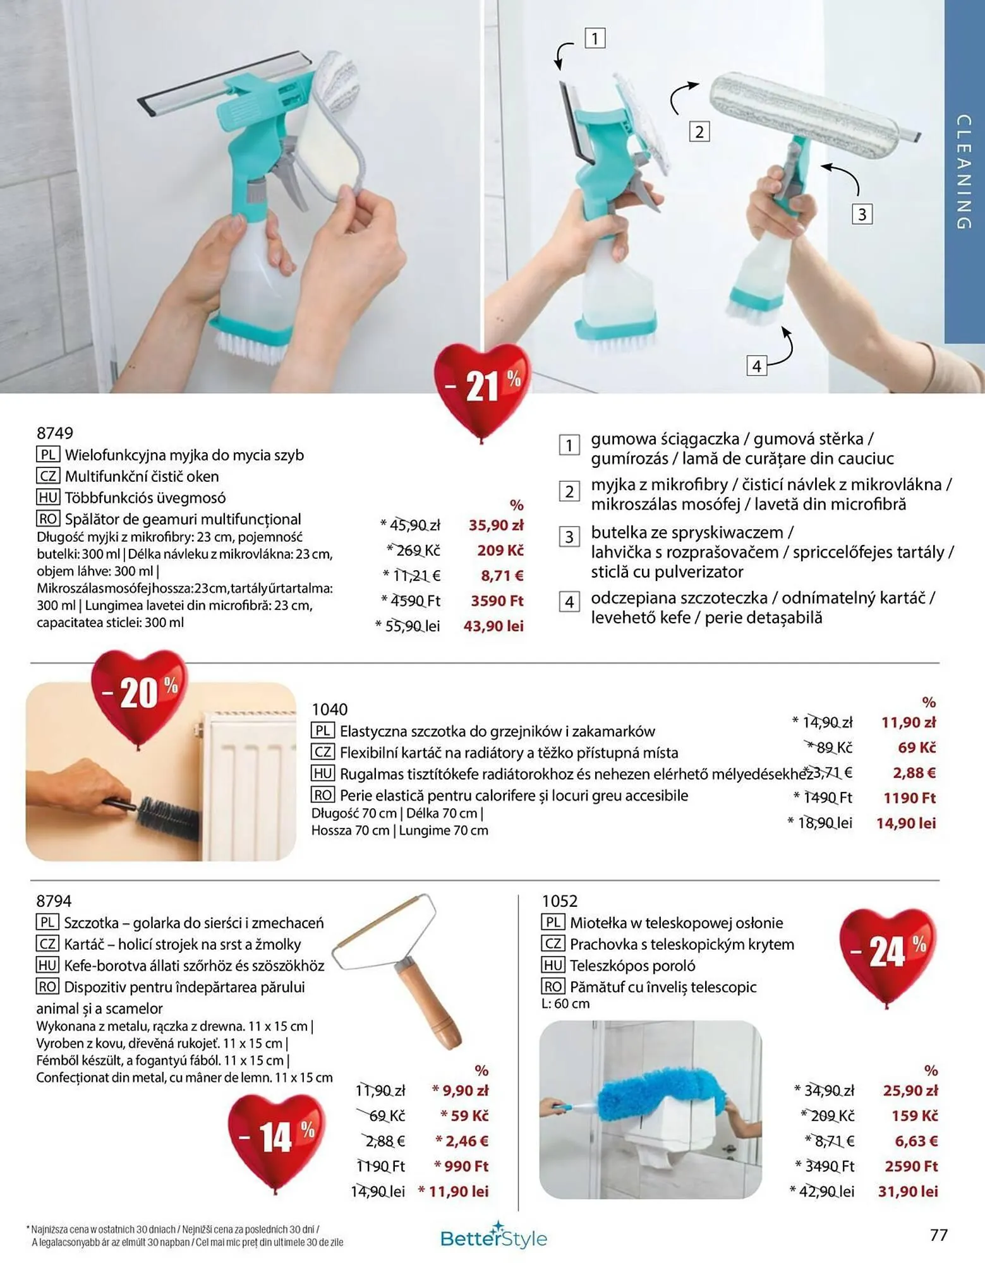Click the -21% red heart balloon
(x=481, y=388)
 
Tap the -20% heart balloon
(x=140, y=695)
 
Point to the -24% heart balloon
(x=887, y=954)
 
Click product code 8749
(x=55, y=433)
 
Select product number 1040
(x=330, y=710)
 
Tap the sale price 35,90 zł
(x=496, y=525)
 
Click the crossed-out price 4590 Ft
(x=414, y=601)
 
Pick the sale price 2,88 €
(x=914, y=772)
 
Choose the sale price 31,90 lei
(x=908, y=1192)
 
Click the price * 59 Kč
(x=464, y=1116)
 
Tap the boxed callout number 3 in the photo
(x=862, y=215)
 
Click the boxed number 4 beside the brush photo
(x=756, y=366)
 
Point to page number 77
(x=939, y=1235)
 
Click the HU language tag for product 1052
(x=553, y=966)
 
